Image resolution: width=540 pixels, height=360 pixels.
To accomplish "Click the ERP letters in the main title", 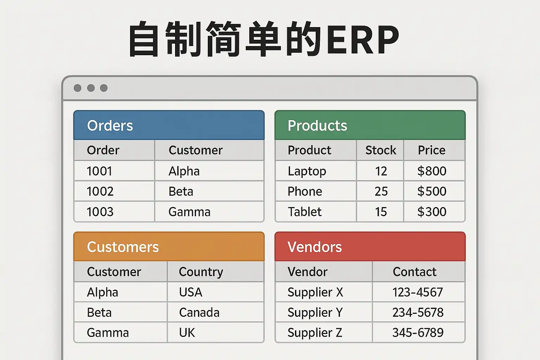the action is (362, 39).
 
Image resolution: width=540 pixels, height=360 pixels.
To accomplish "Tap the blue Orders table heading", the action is (110, 126).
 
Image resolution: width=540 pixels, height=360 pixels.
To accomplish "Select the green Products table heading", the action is (317, 126).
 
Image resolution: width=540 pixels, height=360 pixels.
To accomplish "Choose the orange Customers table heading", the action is (123, 247).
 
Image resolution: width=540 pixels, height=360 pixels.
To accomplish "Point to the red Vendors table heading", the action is (315, 247).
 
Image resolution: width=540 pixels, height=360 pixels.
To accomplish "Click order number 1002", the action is (100, 192).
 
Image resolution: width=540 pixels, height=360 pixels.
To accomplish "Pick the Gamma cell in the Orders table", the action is (189, 212).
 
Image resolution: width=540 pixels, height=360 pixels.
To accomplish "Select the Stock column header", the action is (381, 150).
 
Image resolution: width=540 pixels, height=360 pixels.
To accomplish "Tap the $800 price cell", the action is (432, 171).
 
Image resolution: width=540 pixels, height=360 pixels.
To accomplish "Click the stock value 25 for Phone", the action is (381, 192).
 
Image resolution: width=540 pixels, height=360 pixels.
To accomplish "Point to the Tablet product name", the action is (305, 212).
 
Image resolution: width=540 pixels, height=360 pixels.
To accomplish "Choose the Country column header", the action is (201, 272).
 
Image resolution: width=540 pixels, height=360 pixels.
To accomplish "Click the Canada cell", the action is (199, 313).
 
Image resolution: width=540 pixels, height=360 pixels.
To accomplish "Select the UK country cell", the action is (187, 333).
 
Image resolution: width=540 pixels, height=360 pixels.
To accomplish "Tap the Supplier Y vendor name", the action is (315, 313).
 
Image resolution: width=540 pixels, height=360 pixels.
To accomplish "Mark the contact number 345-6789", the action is (418, 333).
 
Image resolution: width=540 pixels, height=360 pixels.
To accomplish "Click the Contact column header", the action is (414, 272).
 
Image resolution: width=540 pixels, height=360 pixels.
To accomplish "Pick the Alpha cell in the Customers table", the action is (102, 292).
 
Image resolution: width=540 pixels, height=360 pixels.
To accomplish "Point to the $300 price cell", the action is (432, 212).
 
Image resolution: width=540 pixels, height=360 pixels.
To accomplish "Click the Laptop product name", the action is (307, 172).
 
